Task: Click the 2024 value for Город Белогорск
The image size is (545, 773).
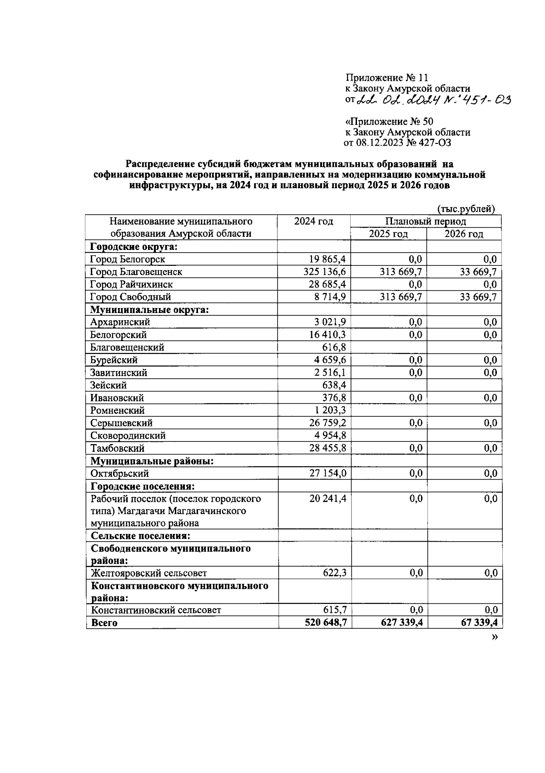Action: pos(327,259)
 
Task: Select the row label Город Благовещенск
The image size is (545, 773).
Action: pos(136,272)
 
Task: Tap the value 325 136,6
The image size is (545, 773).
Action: pos(324,272)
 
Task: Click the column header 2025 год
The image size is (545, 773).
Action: pos(388,234)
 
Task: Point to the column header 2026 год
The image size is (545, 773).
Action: pos(464,234)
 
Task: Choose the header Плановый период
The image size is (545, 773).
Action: pos(426,221)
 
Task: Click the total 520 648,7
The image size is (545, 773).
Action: pos(326,622)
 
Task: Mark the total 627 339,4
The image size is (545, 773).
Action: pos(401,622)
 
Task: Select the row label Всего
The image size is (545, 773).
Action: pos(104,623)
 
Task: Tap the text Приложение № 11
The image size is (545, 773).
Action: pos(387,78)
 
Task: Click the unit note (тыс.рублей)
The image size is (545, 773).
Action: pos(466,209)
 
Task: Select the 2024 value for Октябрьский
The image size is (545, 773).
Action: pos(328,474)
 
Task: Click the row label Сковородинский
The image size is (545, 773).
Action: pos(128,436)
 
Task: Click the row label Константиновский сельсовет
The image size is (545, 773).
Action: pos(156,610)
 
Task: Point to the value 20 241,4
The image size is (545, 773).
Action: pos(328,499)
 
